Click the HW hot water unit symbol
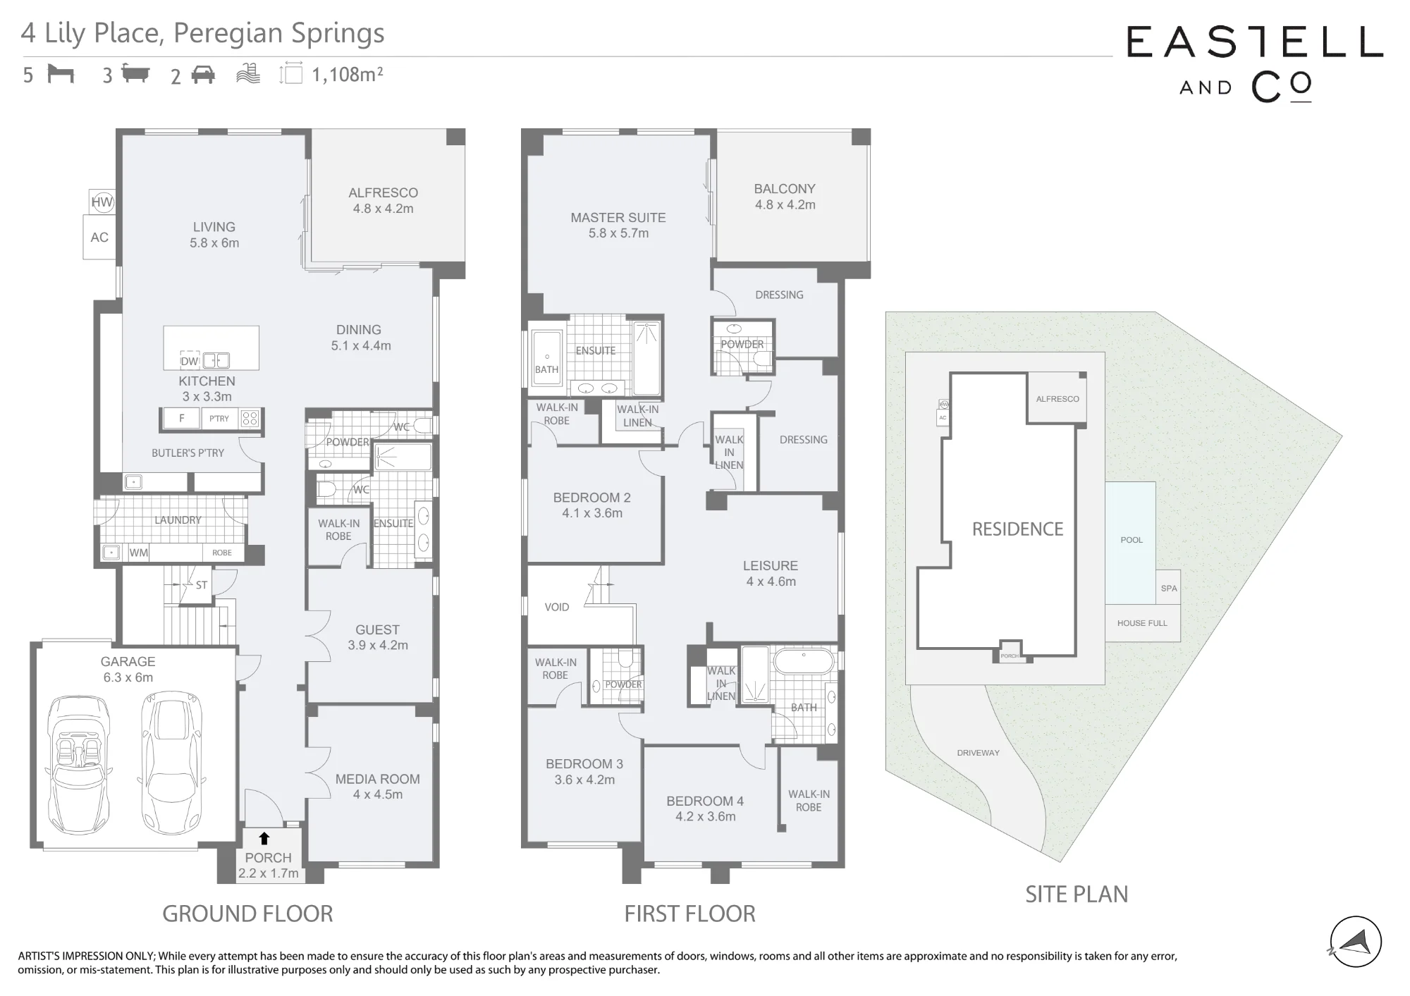point(102,202)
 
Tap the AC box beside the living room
point(99,238)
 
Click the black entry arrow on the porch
point(264,838)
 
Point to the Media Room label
point(378,787)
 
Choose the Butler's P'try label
point(188,453)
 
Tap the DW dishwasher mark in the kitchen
point(189,361)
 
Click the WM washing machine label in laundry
point(138,553)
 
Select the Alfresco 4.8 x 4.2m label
point(384,201)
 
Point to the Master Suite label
point(618,226)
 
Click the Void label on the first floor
point(557,607)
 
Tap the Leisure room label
point(771,574)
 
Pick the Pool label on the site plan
point(1132,540)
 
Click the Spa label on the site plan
point(1169,589)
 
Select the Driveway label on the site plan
point(979,753)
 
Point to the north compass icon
point(1356,942)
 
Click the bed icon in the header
point(61,73)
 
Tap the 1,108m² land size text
point(348,74)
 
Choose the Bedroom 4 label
point(705,809)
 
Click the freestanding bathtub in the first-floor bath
point(804,663)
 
